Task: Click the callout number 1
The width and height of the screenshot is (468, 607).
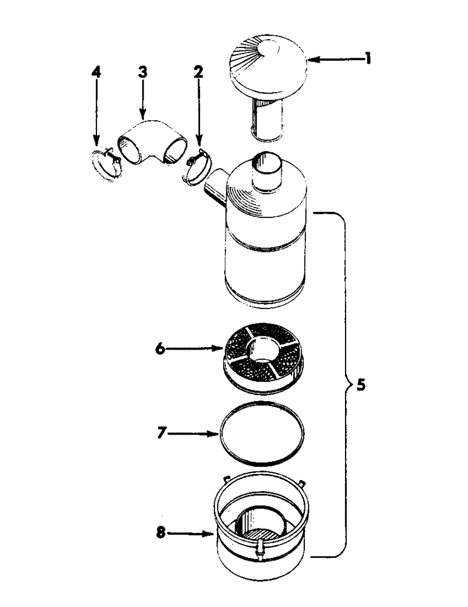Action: [369, 59]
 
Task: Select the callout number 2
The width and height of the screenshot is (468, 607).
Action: [198, 72]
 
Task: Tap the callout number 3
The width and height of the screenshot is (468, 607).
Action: [142, 72]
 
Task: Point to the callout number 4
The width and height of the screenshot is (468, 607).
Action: [96, 72]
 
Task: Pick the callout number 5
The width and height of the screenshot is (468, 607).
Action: [361, 384]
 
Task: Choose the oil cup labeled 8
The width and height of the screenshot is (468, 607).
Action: [262, 534]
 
